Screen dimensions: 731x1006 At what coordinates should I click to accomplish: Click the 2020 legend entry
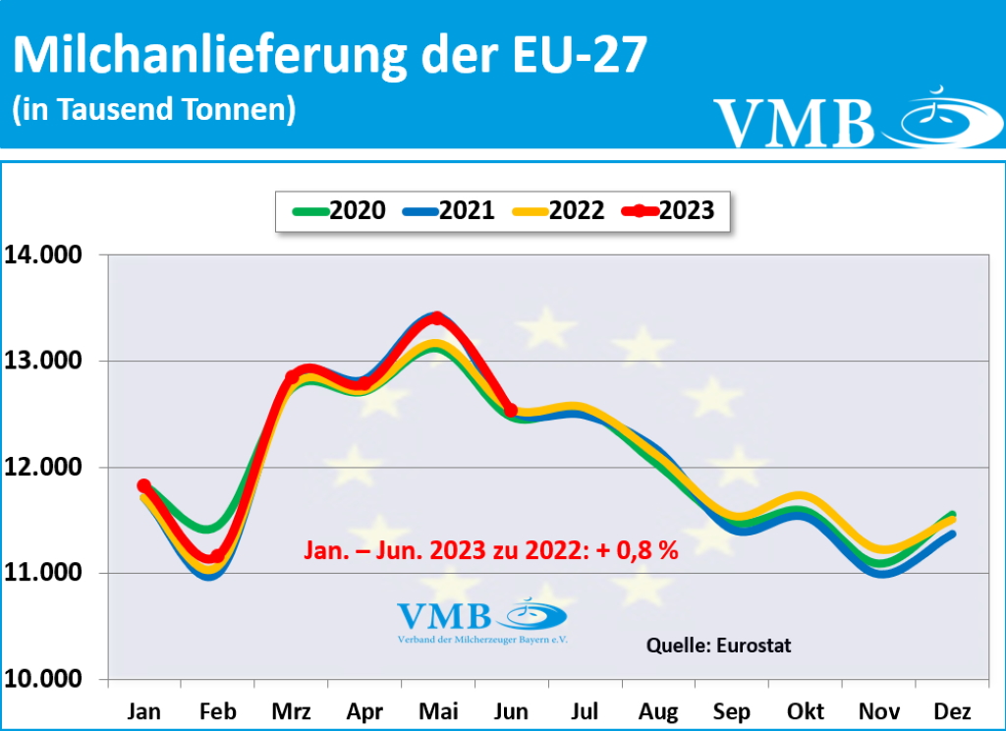(339, 210)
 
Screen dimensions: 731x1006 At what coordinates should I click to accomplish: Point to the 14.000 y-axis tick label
(49, 255)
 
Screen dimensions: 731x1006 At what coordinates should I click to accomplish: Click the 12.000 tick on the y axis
(49, 468)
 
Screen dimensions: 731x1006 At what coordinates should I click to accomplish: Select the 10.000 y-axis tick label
(49, 680)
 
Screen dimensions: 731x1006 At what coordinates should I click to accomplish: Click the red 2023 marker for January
(144, 485)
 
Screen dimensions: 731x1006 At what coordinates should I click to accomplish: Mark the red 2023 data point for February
(216, 556)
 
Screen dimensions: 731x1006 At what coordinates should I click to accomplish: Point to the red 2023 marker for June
(511, 410)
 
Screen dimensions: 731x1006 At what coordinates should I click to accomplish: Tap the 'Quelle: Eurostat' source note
(718, 646)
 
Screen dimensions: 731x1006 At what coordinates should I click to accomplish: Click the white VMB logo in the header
(845, 120)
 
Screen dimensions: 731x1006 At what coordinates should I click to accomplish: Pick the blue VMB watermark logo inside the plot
(481, 620)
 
